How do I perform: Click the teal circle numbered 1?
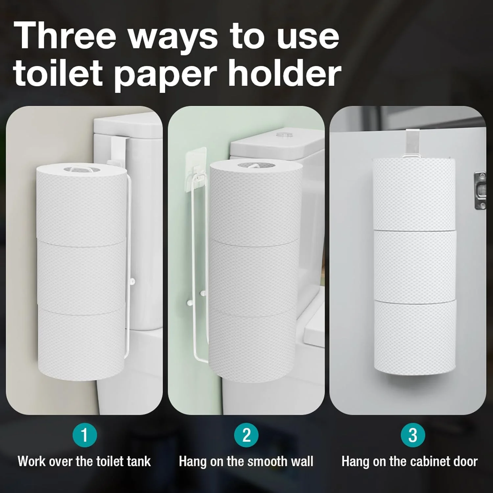[85, 435]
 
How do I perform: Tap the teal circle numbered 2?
[246, 435]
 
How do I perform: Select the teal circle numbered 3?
[413, 435]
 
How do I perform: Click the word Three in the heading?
[65, 35]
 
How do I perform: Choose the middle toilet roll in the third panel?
[415, 265]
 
